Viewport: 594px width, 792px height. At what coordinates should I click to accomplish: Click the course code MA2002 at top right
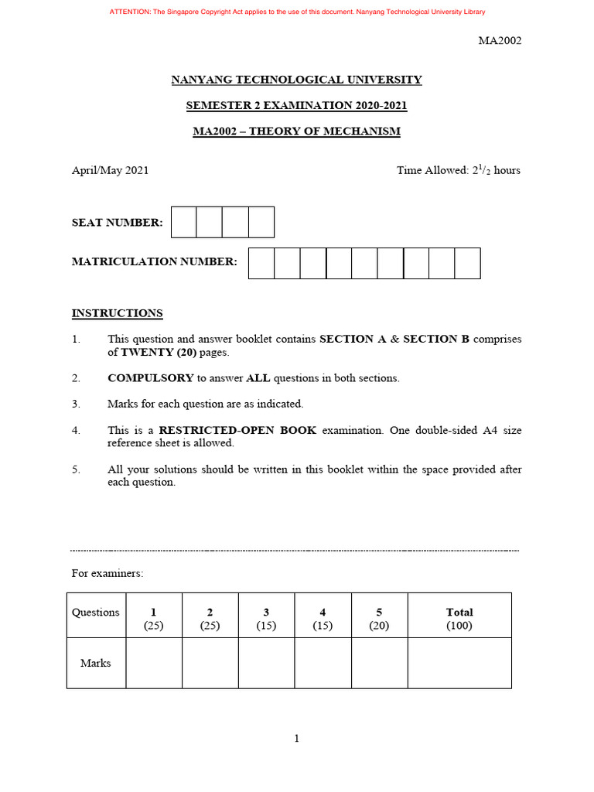pos(500,41)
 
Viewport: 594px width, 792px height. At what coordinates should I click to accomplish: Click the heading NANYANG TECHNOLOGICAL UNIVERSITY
pos(296,80)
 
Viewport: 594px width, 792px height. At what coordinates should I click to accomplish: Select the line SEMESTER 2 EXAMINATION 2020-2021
pos(296,105)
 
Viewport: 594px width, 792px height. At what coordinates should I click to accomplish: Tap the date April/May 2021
pos(110,170)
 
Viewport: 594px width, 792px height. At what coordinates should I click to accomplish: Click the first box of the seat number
pos(183,222)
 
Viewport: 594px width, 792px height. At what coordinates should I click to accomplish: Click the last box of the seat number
pos(261,222)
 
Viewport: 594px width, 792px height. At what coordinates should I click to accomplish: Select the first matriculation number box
pos(261,263)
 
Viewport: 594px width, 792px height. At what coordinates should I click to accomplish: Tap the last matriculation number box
pos(467,263)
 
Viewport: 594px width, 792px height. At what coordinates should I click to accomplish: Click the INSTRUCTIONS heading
pos(117,313)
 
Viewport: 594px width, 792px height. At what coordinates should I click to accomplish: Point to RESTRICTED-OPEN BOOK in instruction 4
pos(237,430)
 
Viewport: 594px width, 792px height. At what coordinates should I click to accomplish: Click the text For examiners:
pos(108,574)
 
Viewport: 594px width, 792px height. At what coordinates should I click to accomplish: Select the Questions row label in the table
pos(96,613)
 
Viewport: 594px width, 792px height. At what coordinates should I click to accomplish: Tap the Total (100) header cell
pos(459,619)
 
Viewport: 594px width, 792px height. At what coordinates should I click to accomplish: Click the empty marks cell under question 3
pos(266,663)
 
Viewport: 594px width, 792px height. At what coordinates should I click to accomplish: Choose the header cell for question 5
pos(379,619)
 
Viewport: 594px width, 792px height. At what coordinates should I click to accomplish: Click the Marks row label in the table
pos(96,663)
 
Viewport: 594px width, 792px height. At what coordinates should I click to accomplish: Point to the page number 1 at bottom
pos(296,739)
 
